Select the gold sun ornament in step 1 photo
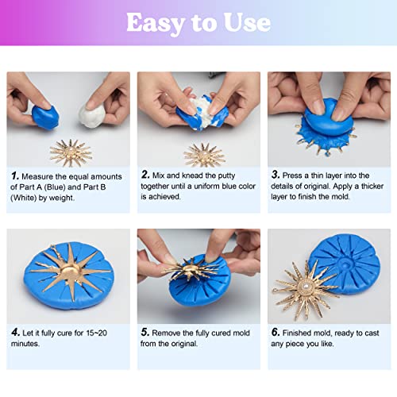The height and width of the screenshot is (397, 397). coord(71,151)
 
